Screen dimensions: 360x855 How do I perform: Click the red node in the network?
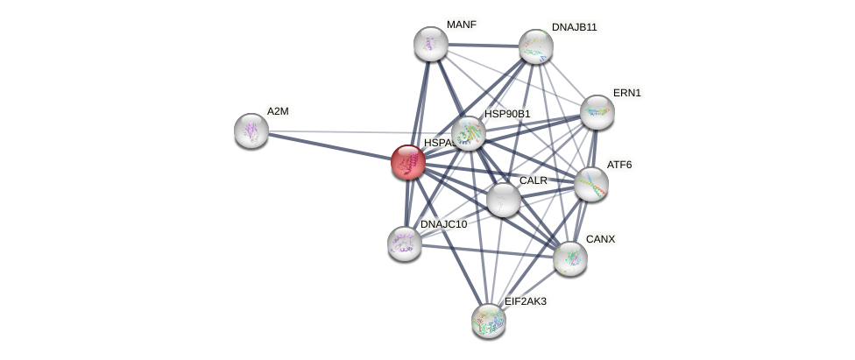click(407, 162)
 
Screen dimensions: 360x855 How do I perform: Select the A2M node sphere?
click(251, 131)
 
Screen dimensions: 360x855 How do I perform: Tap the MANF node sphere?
click(430, 44)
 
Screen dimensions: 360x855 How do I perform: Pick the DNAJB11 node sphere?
click(535, 46)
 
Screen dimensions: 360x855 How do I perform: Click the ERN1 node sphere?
click(597, 111)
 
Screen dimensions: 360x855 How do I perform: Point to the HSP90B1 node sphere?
click(468, 132)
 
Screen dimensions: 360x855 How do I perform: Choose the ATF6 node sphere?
click(590, 183)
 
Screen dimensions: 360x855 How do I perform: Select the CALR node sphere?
click(503, 199)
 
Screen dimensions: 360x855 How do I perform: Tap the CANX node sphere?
click(569, 258)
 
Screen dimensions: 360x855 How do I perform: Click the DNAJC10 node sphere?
click(404, 243)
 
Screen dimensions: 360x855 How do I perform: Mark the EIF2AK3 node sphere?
click(488, 320)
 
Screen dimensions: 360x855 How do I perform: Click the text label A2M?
click(278, 111)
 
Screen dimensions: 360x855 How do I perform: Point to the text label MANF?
click(461, 25)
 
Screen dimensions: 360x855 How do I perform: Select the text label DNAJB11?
click(574, 27)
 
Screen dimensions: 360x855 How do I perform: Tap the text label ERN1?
click(627, 93)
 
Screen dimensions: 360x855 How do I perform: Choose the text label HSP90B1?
click(507, 114)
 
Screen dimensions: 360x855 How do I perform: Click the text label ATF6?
click(619, 165)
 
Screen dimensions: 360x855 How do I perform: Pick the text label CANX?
click(600, 239)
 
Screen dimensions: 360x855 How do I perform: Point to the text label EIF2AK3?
click(526, 301)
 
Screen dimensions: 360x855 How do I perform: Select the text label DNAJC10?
click(443, 224)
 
